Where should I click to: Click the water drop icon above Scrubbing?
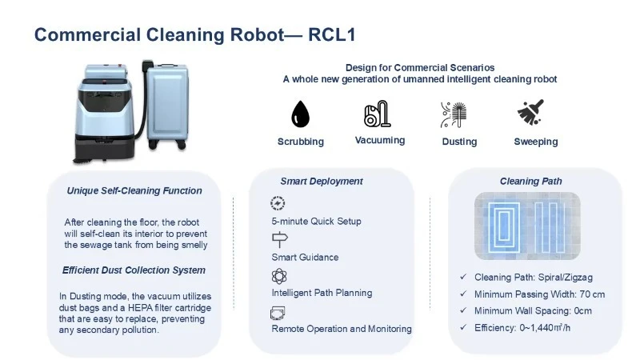301,114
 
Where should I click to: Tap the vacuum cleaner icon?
378,114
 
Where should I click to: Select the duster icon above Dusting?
454,114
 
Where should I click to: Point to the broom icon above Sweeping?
530,112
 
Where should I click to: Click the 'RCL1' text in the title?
332,34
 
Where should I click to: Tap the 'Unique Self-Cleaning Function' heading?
134,190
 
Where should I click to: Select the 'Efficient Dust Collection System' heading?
134,270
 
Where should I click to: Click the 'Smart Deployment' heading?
322,182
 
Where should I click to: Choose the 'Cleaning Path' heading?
531,182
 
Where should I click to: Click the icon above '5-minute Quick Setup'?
278,203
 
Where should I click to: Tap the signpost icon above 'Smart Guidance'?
279,239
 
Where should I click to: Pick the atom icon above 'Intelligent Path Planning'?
279,276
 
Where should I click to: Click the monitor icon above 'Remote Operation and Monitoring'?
278,313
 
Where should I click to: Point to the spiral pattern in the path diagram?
504,225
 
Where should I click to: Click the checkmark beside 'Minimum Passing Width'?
463,294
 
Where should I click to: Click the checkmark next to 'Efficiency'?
463,327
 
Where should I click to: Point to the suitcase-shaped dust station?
167,106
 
